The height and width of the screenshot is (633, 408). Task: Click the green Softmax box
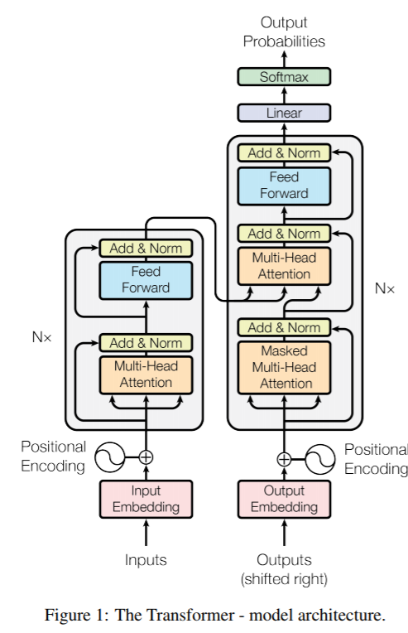point(284,77)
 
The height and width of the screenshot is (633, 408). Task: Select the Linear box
point(284,113)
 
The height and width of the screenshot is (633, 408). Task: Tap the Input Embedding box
point(146,499)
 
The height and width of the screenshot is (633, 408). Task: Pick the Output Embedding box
point(284,499)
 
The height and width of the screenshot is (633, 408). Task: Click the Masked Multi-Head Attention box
point(284,367)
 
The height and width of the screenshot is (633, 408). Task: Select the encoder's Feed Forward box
point(146,281)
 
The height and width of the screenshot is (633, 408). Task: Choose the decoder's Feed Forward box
point(284,186)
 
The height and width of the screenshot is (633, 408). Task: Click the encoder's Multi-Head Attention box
point(146,375)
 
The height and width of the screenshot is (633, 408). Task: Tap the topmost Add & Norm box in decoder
point(284,153)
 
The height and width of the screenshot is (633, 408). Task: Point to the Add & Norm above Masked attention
point(284,327)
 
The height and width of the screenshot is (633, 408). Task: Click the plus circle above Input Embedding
point(146,457)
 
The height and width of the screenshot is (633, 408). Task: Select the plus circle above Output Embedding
point(284,459)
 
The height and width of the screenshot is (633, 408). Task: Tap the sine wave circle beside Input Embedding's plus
point(110,457)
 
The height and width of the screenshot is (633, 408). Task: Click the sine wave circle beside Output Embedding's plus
point(320,459)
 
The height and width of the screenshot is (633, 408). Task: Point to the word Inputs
point(146,560)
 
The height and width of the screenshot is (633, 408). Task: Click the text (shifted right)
point(284,579)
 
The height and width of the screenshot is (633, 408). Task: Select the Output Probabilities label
point(284,31)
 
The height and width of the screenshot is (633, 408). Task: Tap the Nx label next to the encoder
point(41,336)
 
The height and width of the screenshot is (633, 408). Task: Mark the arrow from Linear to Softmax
point(284,95)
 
